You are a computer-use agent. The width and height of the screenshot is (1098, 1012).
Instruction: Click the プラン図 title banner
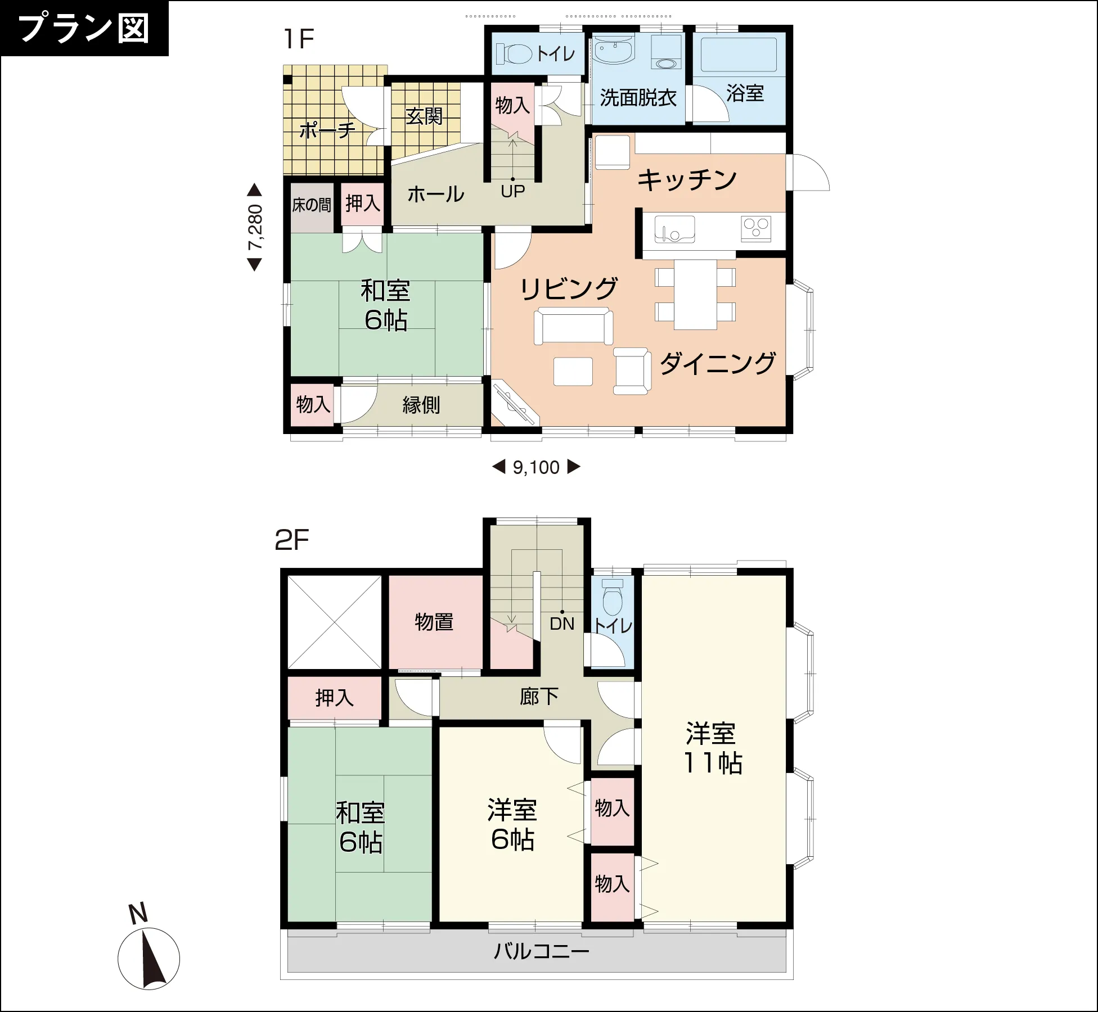(84, 28)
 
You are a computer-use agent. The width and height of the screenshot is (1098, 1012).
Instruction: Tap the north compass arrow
(151, 959)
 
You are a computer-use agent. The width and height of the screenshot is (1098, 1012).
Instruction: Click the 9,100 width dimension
(536, 467)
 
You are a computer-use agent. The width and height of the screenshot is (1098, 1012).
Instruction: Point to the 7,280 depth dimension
(255, 227)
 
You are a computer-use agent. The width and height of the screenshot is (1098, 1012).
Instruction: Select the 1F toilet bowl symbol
(515, 55)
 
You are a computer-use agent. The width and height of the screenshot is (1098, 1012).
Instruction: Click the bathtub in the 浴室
(739, 54)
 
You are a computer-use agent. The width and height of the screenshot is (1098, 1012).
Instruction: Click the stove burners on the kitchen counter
(756, 228)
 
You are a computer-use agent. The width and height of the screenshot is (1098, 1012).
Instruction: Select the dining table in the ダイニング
(695, 294)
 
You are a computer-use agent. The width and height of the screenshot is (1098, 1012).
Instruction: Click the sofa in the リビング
(573, 326)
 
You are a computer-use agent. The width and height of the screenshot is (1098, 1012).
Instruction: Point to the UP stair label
(513, 192)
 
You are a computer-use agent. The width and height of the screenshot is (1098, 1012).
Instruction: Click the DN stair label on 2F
(562, 624)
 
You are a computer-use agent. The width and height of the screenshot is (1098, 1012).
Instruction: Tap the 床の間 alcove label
(312, 205)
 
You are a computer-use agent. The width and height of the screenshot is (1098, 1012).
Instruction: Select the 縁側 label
(421, 405)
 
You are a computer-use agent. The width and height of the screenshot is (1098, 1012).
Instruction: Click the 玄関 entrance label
(424, 117)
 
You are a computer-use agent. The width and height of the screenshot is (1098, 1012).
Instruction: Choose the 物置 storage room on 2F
(434, 622)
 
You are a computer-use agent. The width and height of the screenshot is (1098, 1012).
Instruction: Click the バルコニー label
(541, 951)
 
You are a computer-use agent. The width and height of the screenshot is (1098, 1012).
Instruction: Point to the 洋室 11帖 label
(712, 748)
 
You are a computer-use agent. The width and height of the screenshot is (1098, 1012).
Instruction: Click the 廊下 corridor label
(539, 697)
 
